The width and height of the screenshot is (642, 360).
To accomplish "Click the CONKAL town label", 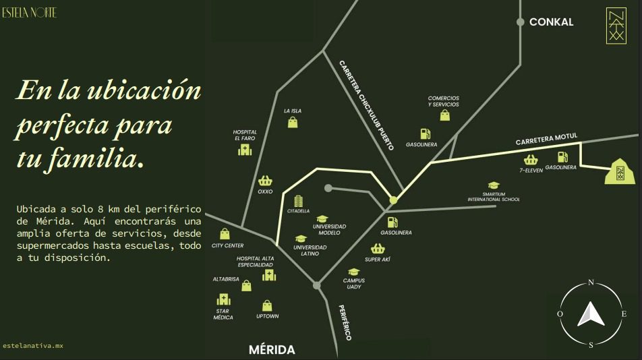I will click(551, 22).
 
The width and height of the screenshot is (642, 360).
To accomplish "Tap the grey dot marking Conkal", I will click(521, 22).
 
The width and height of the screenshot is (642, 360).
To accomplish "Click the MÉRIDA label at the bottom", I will click(272, 350).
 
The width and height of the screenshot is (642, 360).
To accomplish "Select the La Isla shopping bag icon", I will click(293, 122).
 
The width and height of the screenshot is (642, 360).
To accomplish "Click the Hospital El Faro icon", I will click(244, 150).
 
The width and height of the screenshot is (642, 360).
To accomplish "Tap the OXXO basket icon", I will click(265, 181).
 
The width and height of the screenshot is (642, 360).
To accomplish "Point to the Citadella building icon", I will click(299, 201).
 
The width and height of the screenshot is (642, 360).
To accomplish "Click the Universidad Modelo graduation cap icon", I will click(322, 218).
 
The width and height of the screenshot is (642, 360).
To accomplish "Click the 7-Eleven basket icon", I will click(531, 160).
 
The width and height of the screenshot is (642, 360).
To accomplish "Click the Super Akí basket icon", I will click(378, 249).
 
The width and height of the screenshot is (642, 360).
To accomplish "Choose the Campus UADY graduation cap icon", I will click(354, 272).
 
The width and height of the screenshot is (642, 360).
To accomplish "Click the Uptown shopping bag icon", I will click(267, 305).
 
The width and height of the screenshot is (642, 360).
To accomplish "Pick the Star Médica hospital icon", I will click(223, 300).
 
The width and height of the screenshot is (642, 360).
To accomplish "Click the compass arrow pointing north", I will click(591, 313).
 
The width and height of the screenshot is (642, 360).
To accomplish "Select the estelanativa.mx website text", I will click(33, 346).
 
